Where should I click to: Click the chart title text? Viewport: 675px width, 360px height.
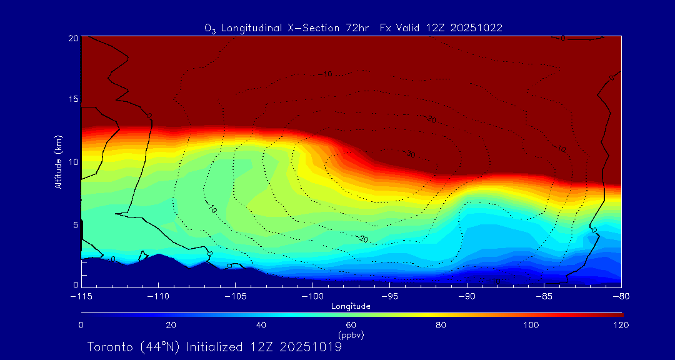point(353,27)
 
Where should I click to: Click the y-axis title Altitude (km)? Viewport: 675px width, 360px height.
point(58,161)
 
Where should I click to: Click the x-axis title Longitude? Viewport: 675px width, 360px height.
point(351,306)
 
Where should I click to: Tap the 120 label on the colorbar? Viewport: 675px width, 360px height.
point(621,325)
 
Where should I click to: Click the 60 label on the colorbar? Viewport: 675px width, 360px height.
point(351,325)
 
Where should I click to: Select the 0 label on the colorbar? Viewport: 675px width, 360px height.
point(81,325)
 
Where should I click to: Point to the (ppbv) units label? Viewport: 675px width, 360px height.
point(351,334)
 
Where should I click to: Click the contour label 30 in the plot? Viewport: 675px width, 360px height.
point(410,154)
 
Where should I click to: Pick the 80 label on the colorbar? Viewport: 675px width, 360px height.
point(441,325)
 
